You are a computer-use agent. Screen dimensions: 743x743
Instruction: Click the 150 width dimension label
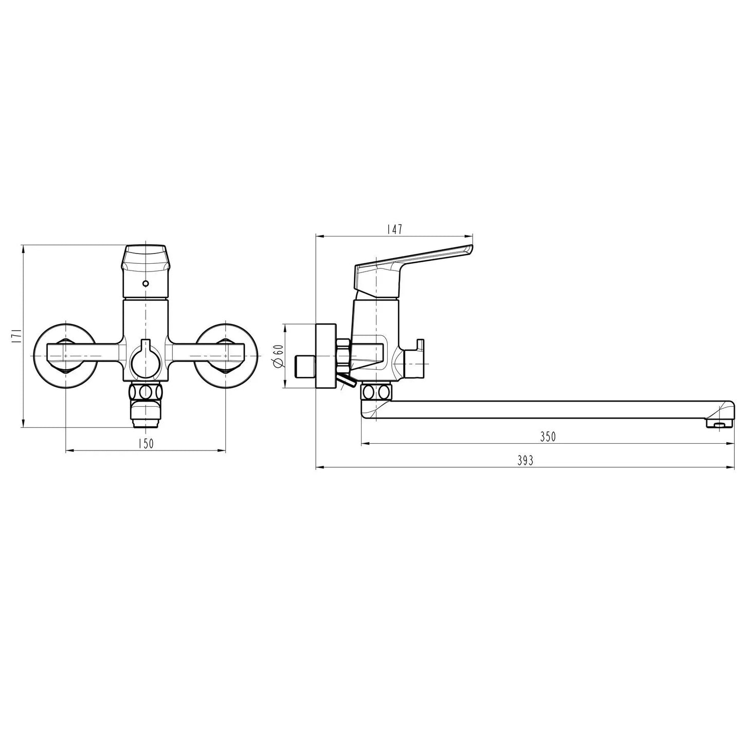(146, 444)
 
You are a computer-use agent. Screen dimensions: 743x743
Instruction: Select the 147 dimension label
(394, 229)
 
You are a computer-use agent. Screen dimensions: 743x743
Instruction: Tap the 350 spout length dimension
(548, 437)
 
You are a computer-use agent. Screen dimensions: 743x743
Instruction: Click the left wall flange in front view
(64, 355)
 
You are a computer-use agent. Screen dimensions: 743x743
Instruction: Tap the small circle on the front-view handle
(146, 283)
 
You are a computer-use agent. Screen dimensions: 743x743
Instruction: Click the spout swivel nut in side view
(377, 393)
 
